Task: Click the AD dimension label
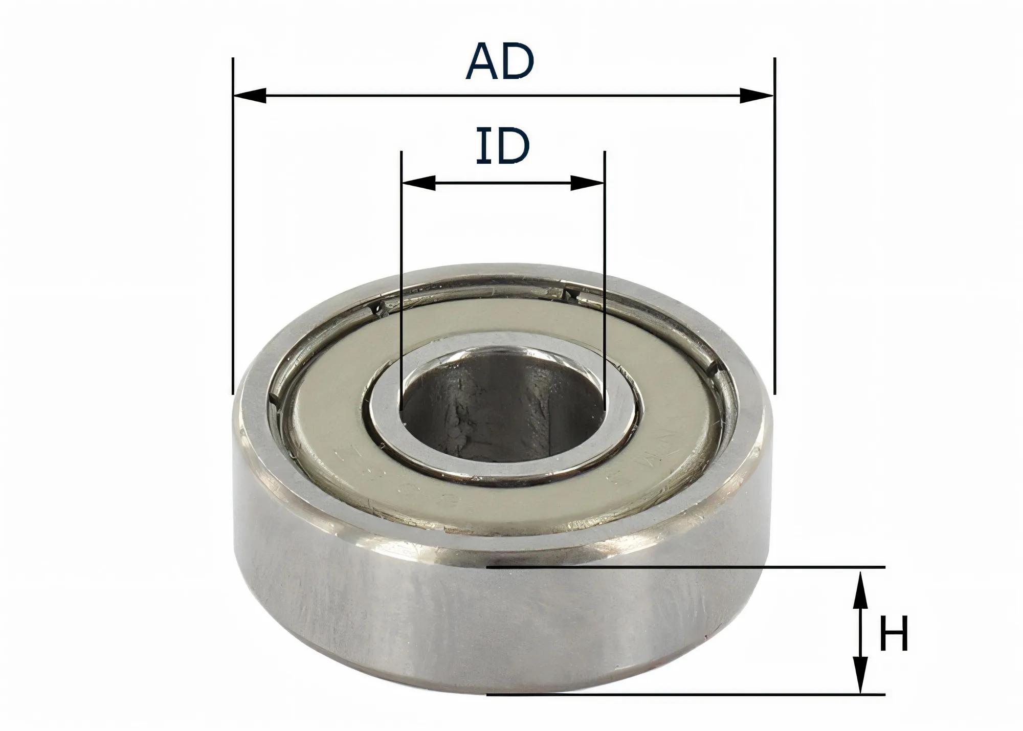tap(500, 61)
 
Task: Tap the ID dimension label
tap(502, 146)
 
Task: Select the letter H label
tap(894, 634)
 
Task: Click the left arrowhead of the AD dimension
tap(250, 95)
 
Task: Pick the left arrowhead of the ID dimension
tap(419, 183)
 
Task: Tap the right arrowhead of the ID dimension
tap(588, 183)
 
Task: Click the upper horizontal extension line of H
tap(685, 567)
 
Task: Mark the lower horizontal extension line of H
tap(685, 694)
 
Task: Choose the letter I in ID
tap(482, 146)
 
